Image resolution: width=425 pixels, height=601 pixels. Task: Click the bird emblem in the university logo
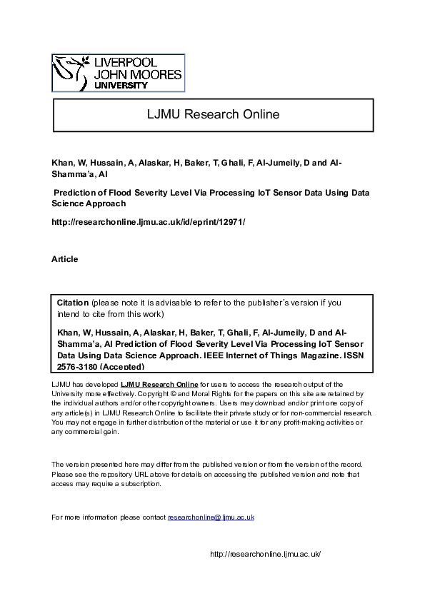[x=72, y=72]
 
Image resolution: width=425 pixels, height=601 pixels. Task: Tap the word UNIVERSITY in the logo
[x=121, y=85]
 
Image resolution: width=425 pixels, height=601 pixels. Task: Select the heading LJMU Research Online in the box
[x=213, y=114]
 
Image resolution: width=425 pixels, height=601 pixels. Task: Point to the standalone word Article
[x=65, y=259]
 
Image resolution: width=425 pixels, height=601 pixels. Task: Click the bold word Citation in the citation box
[x=73, y=303]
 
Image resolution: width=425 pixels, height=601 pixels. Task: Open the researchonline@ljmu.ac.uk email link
[x=211, y=517]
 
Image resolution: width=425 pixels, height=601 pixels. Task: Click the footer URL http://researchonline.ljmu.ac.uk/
[x=265, y=555]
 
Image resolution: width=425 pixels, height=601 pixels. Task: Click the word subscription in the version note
[x=141, y=483]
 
